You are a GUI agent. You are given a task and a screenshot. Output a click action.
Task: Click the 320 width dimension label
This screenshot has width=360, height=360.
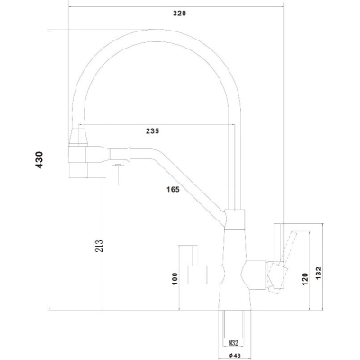[x=180, y=13]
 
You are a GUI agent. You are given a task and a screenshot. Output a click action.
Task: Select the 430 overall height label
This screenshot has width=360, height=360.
[x=40, y=160]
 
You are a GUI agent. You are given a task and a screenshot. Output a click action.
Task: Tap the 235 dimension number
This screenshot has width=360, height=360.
[x=153, y=131]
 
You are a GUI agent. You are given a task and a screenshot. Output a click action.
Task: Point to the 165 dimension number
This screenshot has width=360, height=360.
[x=173, y=189]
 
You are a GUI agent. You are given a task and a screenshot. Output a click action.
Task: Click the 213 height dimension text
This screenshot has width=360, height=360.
[x=99, y=246]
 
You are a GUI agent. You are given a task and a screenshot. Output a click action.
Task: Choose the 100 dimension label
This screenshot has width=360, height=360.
[x=175, y=279]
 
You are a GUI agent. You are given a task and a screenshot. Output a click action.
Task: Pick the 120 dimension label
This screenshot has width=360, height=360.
[x=305, y=279]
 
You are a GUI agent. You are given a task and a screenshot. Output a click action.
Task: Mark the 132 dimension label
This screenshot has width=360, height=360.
[x=319, y=274]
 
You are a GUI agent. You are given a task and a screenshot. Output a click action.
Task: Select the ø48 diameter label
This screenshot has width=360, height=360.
[x=235, y=355]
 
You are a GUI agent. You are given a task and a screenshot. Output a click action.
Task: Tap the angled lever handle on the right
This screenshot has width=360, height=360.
[x=287, y=249]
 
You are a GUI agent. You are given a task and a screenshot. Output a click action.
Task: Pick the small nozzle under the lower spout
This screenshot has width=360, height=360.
[x=118, y=163]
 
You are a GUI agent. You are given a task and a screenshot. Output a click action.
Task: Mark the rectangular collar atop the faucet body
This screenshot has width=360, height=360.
[x=235, y=220]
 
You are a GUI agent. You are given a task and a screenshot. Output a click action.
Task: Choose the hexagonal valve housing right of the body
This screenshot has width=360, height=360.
[x=254, y=275]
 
